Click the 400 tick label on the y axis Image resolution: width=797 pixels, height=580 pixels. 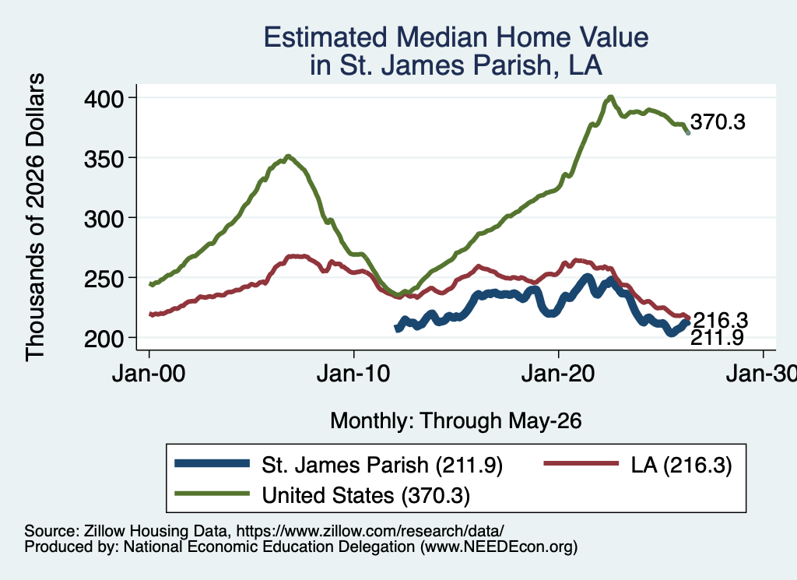coord(104,99)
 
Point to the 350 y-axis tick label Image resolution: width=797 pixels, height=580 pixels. coord(104,159)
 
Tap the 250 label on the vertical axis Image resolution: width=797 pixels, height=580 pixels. coord(104,279)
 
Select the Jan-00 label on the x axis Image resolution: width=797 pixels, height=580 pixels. coord(149,374)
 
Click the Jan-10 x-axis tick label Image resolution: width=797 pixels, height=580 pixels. coord(353,374)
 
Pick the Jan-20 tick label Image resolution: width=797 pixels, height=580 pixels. coord(558,374)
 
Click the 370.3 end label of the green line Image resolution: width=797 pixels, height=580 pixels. coord(718,122)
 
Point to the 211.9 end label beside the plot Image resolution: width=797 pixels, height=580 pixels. coord(717,338)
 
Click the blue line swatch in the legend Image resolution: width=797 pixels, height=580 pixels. coord(212,463)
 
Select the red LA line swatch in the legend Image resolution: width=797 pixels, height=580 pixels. coord(581,463)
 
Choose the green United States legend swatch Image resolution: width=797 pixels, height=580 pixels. coord(212,494)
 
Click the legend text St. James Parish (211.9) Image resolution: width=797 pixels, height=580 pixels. coord(381,465)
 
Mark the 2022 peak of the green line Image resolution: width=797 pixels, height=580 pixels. coord(610,97)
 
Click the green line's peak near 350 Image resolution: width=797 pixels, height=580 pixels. coord(288,156)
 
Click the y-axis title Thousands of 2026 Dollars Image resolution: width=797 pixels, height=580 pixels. coord(34,217)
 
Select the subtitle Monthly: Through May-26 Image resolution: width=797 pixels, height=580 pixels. coord(456,421)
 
